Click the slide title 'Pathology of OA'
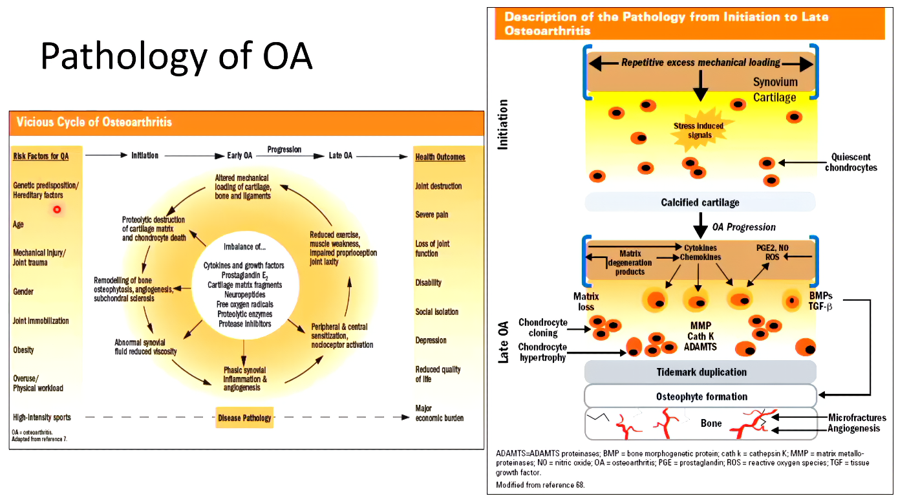pos(176,56)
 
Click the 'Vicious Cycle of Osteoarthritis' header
pos(94,122)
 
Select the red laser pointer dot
pos(57,209)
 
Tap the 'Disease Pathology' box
pos(244,418)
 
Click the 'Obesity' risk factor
pos(23,350)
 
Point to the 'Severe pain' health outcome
pos(431,215)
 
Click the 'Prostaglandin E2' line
pos(244,275)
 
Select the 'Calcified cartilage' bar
pos(700,202)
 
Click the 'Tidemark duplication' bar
pos(701,372)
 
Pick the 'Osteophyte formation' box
pos(701,396)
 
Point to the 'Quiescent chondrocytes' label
pos(851,162)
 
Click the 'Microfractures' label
pos(857,418)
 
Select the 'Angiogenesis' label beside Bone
pos(853,428)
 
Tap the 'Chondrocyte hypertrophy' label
pos(542,352)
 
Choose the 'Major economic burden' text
pos(439,413)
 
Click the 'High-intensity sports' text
pos(42,417)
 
